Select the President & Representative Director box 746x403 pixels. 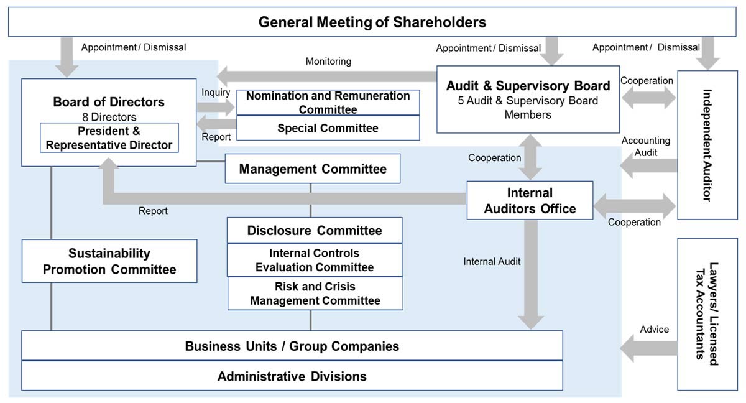(109, 138)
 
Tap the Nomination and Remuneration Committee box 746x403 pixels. (328, 103)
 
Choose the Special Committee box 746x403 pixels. (328, 128)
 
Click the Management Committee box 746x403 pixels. (312, 169)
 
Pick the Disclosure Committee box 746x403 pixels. (314, 231)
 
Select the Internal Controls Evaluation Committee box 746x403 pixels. (314, 260)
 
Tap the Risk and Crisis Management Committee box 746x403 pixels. (315, 294)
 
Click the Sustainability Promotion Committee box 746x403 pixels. (109, 261)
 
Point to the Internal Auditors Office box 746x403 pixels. (530, 200)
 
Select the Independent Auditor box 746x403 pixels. (707, 145)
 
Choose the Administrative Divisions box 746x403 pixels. (292, 376)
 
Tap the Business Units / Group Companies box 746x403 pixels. (292, 346)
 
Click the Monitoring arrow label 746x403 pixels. (328, 62)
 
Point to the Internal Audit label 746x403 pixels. (492, 262)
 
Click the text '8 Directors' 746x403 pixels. (109, 117)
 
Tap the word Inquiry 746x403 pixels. (216, 93)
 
